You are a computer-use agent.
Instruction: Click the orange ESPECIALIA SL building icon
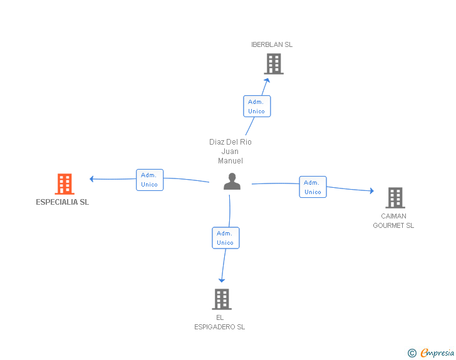point(65,184)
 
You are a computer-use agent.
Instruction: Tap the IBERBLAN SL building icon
point(274,64)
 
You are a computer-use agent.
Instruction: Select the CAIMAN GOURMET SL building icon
point(395,198)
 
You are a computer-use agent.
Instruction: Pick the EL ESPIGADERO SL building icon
point(222,299)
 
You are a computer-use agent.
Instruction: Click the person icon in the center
point(232,181)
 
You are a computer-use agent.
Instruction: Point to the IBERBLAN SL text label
point(272,44)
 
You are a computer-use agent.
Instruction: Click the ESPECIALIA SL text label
point(62,202)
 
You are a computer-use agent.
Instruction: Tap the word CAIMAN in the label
point(393,216)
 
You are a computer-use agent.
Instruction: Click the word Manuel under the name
point(231,161)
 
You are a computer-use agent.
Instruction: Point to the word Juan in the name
point(230,152)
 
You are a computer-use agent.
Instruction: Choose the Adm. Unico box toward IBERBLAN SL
point(257,106)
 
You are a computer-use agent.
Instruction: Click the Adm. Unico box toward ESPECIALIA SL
point(150,180)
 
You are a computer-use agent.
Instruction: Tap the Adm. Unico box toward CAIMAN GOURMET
point(313,187)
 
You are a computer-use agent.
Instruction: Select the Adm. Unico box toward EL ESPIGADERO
point(225,238)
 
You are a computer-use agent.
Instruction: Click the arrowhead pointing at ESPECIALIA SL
point(91,179)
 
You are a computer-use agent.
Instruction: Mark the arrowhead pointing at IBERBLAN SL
point(267,80)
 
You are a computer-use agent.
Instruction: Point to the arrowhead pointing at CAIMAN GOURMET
point(371,191)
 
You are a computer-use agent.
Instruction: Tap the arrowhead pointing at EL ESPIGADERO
point(222,280)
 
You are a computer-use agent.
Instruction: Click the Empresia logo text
point(437,353)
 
